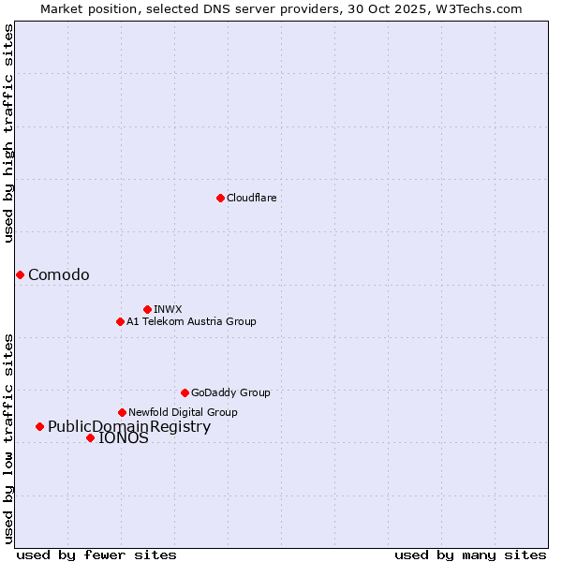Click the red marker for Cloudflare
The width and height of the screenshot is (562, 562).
tap(220, 198)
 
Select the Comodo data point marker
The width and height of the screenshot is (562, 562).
tap(20, 274)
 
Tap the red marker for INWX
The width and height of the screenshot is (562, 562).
tap(147, 309)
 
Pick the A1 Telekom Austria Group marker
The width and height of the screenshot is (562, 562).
tap(120, 321)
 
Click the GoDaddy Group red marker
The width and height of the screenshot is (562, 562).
tap(185, 392)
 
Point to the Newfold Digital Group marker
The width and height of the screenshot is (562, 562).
tap(122, 412)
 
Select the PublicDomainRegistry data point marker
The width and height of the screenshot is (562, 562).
tap(39, 427)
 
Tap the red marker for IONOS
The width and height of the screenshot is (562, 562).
tap(90, 437)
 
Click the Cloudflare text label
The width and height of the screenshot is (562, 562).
tap(251, 198)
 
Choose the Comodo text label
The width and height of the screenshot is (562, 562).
tap(59, 274)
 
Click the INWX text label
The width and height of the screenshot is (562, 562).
tap(168, 309)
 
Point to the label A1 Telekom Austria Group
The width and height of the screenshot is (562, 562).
tap(191, 321)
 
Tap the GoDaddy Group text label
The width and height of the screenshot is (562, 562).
tap(230, 392)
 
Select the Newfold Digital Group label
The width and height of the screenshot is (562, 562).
tap(183, 412)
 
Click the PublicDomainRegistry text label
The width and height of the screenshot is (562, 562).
tap(129, 427)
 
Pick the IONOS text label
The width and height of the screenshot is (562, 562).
tap(124, 438)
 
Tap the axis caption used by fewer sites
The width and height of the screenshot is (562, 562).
tap(96, 555)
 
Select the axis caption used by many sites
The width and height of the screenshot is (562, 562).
tap(470, 555)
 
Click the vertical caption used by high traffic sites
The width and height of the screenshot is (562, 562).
tap(8, 133)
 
